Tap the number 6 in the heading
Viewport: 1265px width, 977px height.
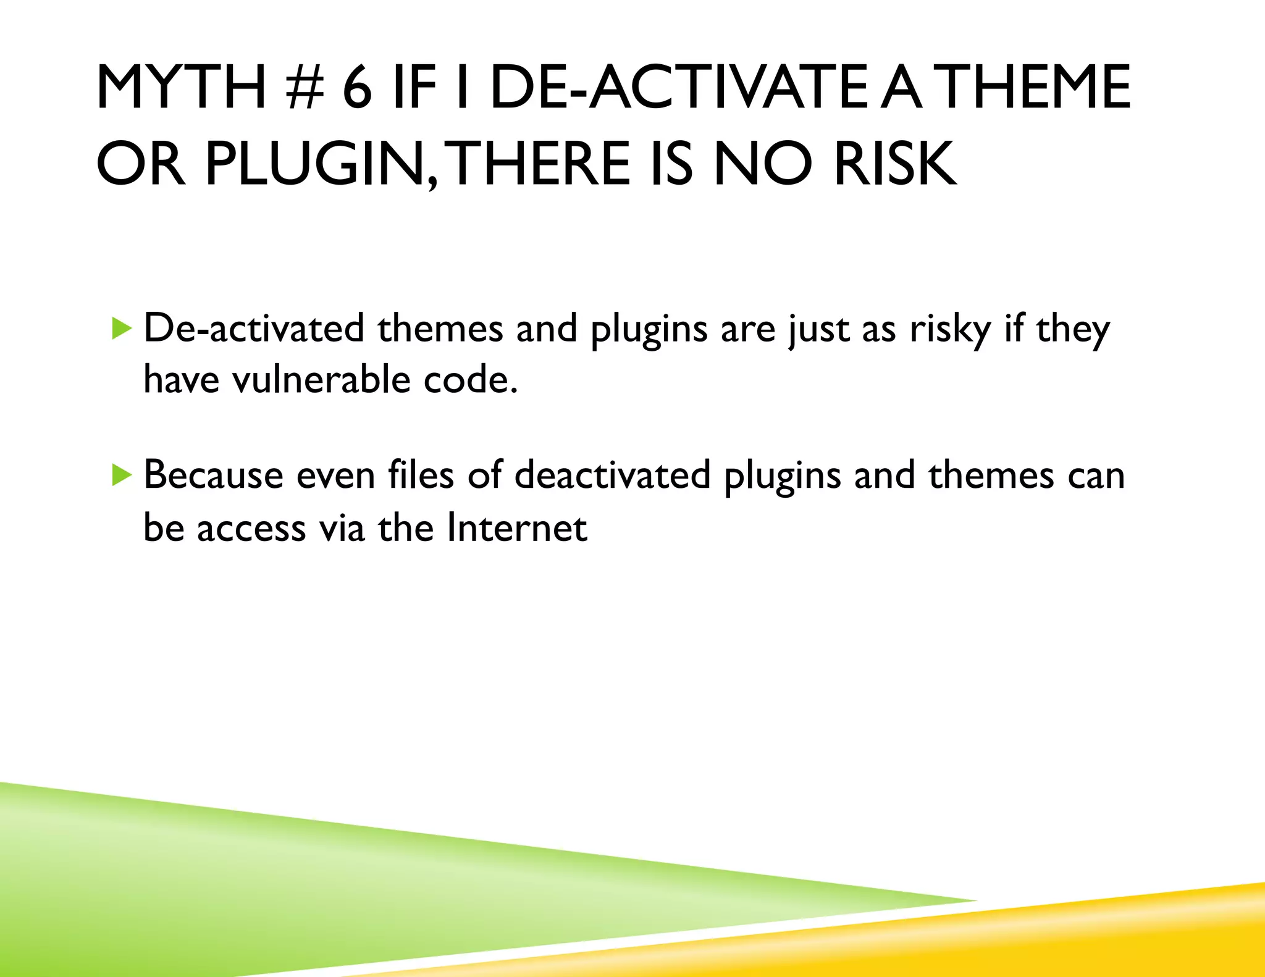tap(357, 88)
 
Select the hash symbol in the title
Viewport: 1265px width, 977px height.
tap(305, 88)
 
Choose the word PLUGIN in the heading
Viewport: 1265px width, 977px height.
tap(321, 164)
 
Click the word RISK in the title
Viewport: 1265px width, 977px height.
tap(895, 164)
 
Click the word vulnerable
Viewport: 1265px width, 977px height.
tap(321, 379)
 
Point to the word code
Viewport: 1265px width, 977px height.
tap(470, 379)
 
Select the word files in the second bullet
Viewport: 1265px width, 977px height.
tap(421, 476)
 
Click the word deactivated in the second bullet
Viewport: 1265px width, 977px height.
tap(612, 476)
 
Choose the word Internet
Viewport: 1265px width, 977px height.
tap(516, 528)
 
